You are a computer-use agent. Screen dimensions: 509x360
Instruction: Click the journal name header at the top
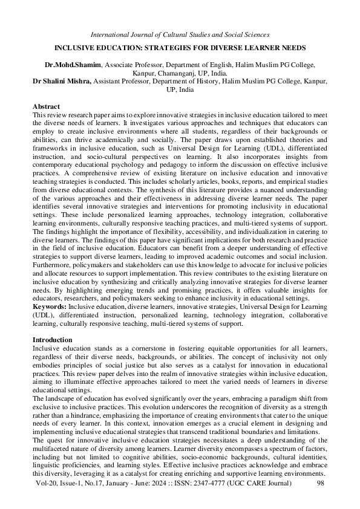pyautogui.click(x=179, y=35)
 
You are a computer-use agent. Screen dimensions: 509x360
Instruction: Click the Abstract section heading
pyautogui.click(x=46, y=106)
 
